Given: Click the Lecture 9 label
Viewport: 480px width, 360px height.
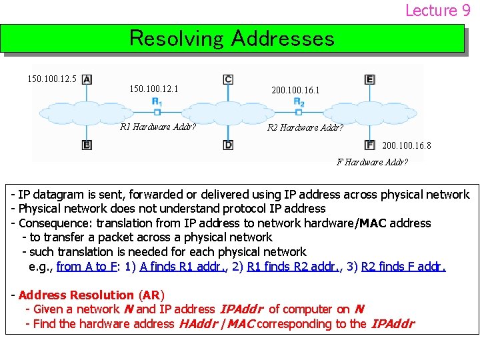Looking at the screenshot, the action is (x=437, y=10).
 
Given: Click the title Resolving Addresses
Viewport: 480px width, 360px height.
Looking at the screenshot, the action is (x=231, y=38).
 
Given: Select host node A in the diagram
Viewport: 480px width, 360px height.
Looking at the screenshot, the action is (x=87, y=79).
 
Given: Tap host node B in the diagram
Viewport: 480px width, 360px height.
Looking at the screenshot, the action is (x=87, y=145).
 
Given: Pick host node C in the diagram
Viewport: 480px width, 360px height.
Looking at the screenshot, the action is (x=228, y=79).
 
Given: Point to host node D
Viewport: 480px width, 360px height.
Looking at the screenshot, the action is (x=228, y=145).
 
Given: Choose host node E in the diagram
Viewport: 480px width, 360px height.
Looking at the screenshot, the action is (x=370, y=79).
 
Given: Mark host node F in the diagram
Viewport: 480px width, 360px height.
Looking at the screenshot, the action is (x=370, y=145).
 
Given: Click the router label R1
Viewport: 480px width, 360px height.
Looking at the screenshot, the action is (x=157, y=101).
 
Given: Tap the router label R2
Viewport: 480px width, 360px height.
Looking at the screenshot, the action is (x=299, y=101).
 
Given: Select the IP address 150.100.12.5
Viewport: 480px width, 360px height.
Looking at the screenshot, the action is (x=52, y=79).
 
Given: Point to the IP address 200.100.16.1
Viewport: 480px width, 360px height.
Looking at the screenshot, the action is (x=295, y=89).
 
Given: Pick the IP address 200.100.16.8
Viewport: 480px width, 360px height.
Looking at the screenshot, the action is (x=407, y=145).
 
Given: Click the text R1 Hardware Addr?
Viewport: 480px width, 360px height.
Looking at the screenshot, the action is (x=157, y=127).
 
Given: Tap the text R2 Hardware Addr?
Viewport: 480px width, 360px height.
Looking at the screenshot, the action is (x=305, y=127).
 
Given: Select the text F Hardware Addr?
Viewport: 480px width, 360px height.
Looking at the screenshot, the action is (x=373, y=162).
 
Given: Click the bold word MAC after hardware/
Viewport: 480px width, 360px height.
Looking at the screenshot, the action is (x=373, y=223).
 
